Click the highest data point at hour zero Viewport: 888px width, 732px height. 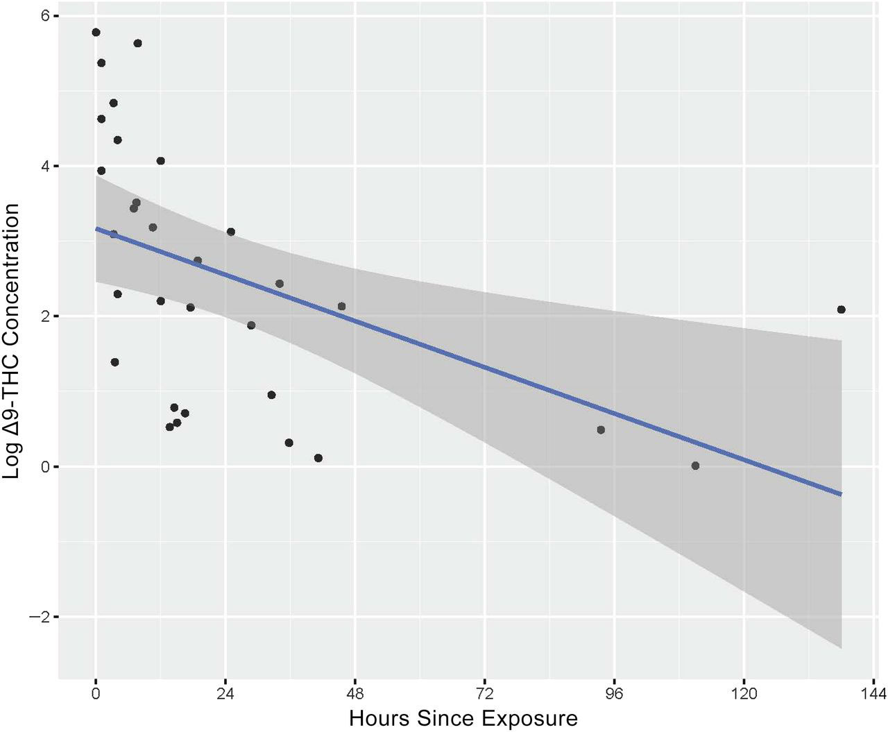click(x=96, y=33)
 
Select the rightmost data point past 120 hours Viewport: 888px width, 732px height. click(x=842, y=309)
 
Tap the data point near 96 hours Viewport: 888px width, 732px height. click(x=601, y=430)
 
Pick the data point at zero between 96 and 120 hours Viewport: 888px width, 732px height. click(x=695, y=466)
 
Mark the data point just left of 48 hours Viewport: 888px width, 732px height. click(x=341, y=307)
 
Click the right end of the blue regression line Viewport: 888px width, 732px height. click(x=841, y=494)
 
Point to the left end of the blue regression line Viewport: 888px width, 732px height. click(x=96, y=228)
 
